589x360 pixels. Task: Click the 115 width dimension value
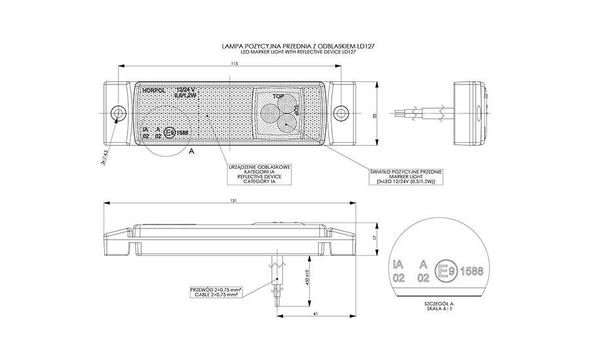(x=234, y=63)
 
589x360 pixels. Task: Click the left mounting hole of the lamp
(x=118, y=115)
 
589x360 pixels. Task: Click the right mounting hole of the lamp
(x=341, y=113)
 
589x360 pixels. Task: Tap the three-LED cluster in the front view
(x=276, y=115)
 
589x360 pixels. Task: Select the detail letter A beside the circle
(x=191, y=151)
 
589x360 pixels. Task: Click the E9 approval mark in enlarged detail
(x=446, y=269)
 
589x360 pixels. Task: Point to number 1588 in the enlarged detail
(x=473, y=269)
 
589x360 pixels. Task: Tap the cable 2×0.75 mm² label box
(x=215, y=291)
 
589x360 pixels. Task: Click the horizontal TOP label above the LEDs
(x=279, y=96)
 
